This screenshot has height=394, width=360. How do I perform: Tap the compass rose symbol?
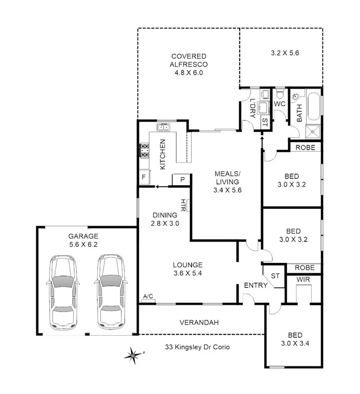(x=133, y=355)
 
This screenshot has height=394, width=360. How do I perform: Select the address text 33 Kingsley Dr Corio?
(x=197, y=346)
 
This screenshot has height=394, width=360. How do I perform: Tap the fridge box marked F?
(x=144, y=177)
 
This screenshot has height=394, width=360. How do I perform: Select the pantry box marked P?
(x=182, y=179)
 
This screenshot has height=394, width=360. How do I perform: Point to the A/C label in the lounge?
(x=148, y=296)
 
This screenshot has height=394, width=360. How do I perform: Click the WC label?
(x=279, y=104)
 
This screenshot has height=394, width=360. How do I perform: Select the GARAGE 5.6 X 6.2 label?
(x=83, y=240)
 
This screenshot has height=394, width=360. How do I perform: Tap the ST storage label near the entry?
(x=275, y=275)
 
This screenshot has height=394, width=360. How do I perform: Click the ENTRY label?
(x=255, y=285)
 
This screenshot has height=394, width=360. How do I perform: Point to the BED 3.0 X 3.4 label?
(x=295, y=339)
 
